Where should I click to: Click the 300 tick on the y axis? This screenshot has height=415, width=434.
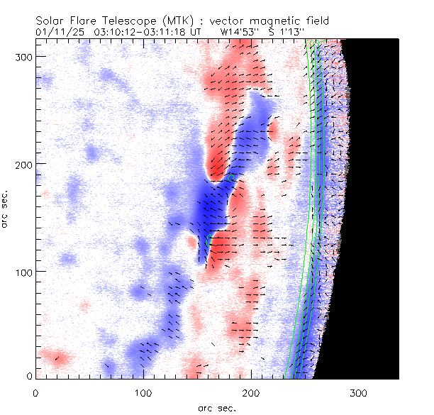pyautogui.click(x=24, y=55)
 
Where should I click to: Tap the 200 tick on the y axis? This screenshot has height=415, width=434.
pyautogui.click(x=24, y=164)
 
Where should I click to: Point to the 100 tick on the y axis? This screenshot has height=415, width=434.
pyautogui.click(x=24, y=272)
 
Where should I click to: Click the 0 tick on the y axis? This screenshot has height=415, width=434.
pyautogui.click(x=29, y=376)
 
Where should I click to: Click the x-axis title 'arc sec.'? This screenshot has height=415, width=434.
pyautogui.click(x=217, y=408)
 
